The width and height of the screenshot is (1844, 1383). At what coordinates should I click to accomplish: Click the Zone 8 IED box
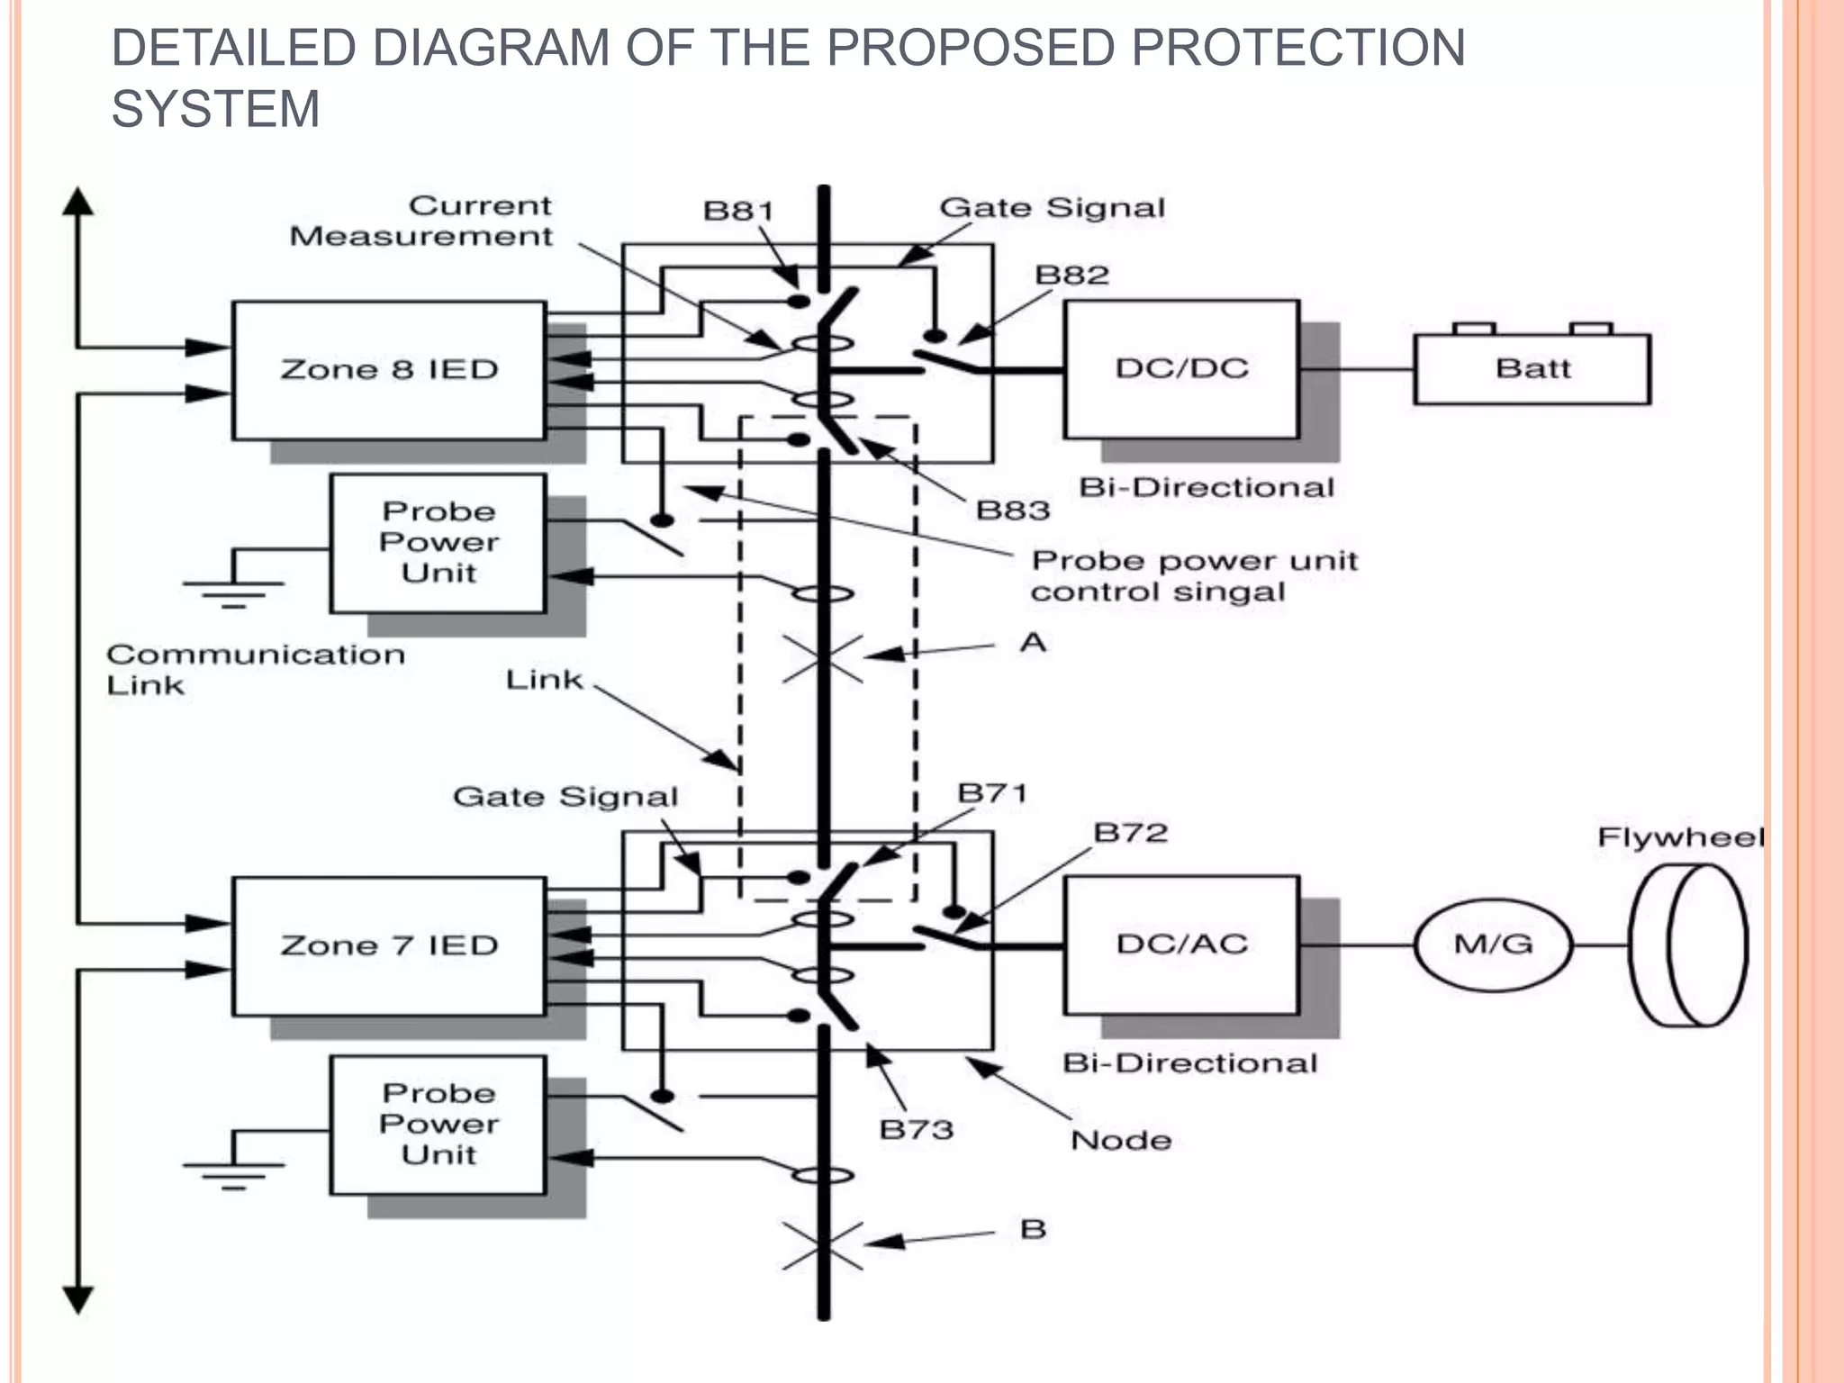pyautogui.click(x=389, y=370)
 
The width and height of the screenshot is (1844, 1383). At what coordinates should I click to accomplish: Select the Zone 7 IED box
pyautogui.click(x=389, y=946)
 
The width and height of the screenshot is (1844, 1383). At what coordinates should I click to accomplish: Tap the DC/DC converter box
pyautogui.click(x=1181, y=369)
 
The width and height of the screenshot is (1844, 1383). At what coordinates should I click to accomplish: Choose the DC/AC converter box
pyautogui.click(x=1181, y=945)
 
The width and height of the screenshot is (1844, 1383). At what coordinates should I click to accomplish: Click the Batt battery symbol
pyautogui.click(x=1532, y=368)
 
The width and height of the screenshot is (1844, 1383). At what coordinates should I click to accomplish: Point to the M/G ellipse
pyautogui.click(x=1493, y=945)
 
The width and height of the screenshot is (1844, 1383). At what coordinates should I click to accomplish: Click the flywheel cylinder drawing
pyautogui.click(x=1687, y=945)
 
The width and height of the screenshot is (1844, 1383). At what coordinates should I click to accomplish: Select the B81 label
pyautogui.click(x=738, y=211)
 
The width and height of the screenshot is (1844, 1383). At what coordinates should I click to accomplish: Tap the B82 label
pyautogui.click(x=1071, y=275)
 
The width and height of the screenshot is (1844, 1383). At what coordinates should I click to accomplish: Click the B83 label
pyautogui.click(x=1013, y=511)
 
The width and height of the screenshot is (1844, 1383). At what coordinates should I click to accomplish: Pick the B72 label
pyautogui.click(x=1130, y=833)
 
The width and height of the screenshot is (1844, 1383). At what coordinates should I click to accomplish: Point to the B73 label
pyautogui.click(x=916, y=1129)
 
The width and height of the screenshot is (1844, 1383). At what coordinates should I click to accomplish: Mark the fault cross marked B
pyautogui.click(x=822, y=1246)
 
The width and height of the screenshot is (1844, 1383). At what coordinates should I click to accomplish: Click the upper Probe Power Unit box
pyautogui.click(x=438, y=543)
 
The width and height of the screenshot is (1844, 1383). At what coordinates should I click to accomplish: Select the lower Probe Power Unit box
pyautogui.click(x=438, y=1125)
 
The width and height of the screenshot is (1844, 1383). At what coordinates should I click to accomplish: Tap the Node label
pyautogui.click(x=1121, y=1141)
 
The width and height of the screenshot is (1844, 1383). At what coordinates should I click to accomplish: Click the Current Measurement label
pyautogui.click(x=421, y=221)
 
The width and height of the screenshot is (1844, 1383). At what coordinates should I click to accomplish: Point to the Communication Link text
pyautogui.click(x=255, y=669)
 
